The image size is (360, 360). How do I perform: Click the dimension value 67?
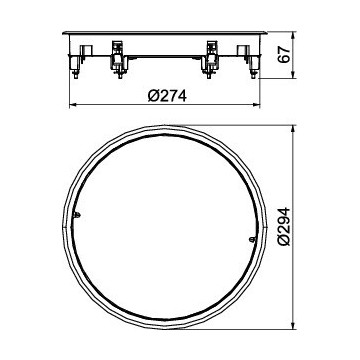283,55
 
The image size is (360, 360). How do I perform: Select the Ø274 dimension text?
167,96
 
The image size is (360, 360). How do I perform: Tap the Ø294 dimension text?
284,227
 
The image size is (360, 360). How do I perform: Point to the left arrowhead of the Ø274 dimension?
73,105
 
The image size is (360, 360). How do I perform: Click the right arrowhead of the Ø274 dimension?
256,105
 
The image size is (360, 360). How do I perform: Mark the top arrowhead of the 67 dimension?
293,36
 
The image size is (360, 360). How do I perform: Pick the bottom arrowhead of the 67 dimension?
293,75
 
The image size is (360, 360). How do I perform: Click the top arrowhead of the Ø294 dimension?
293,130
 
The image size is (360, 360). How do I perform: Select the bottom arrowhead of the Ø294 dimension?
293,326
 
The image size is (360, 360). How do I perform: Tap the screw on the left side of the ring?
77,215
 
